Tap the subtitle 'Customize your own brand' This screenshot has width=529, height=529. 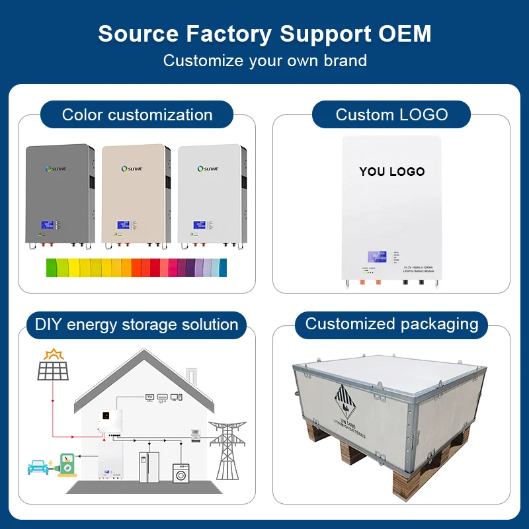tap(264, 61)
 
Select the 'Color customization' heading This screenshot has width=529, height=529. tap(137, 114)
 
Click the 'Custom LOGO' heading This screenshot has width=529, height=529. tap(391, 114)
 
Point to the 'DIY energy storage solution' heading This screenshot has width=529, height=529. tap(136, 325)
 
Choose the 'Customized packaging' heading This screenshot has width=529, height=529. tap(391, 324)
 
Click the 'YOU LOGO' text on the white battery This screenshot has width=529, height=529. tap(391, 171)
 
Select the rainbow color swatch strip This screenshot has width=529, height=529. tap(136, 267)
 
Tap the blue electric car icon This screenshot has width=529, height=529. tap(38, 467)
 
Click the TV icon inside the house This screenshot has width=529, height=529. tap(149, 397)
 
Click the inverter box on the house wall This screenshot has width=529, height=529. tap(110, 422)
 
